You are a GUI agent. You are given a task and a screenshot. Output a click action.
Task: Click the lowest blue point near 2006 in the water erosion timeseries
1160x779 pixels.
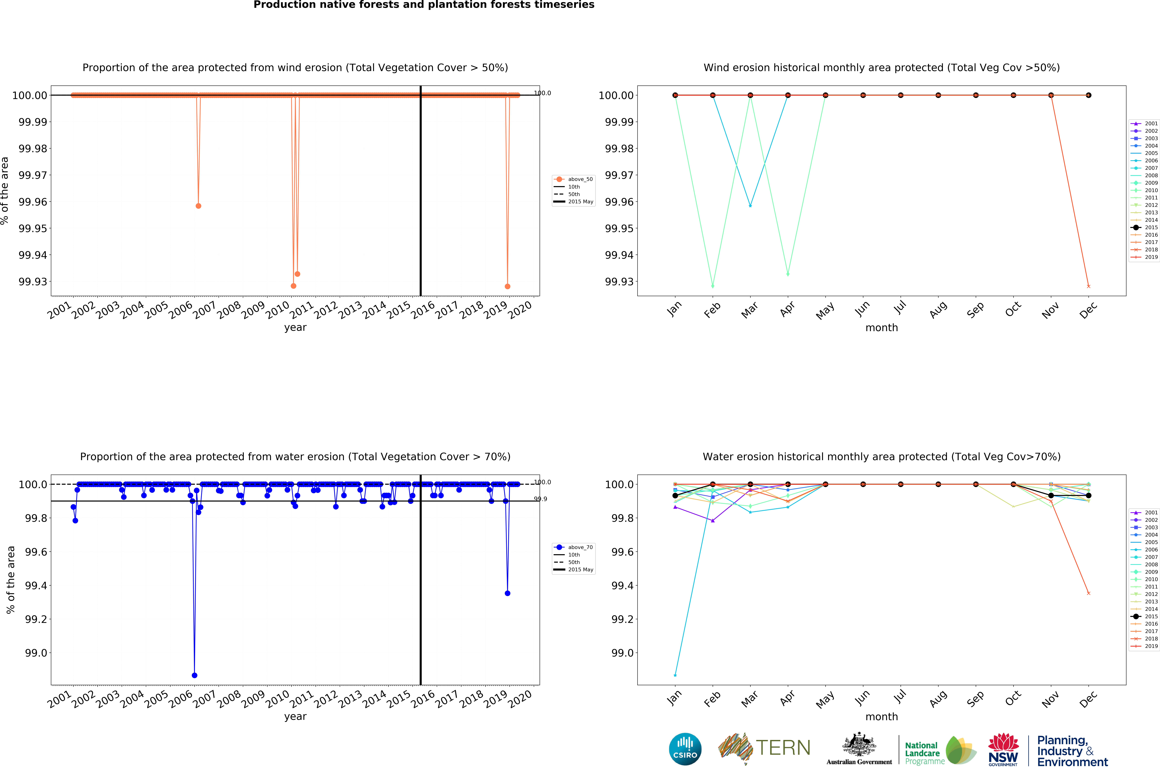(194, 675)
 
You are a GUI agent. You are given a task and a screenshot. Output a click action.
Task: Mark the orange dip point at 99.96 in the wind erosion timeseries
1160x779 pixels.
(198, 206)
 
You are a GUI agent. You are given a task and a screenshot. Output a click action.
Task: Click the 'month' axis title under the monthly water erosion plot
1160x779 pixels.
(881, 716)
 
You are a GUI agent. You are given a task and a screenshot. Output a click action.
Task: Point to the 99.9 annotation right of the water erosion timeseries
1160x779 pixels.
(540, 499)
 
